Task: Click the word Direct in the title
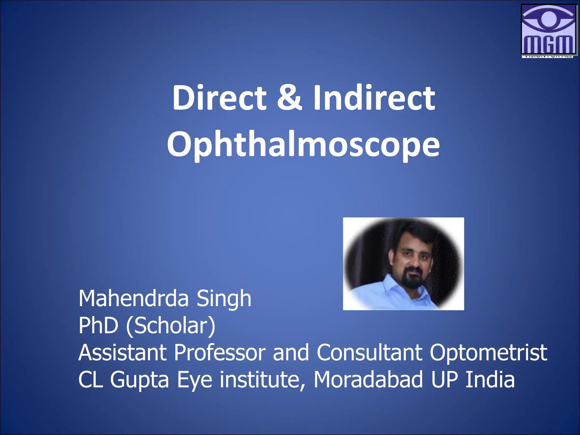click(219, 98)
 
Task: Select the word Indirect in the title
click(374, 98)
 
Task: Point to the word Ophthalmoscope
click(303, 145)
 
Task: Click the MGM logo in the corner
click(549, 30)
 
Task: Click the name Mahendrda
click(133, 298)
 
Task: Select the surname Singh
click(224, 299)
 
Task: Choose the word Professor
click(220, 353)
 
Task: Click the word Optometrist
click(488, 353)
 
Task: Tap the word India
click(490, 379)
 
